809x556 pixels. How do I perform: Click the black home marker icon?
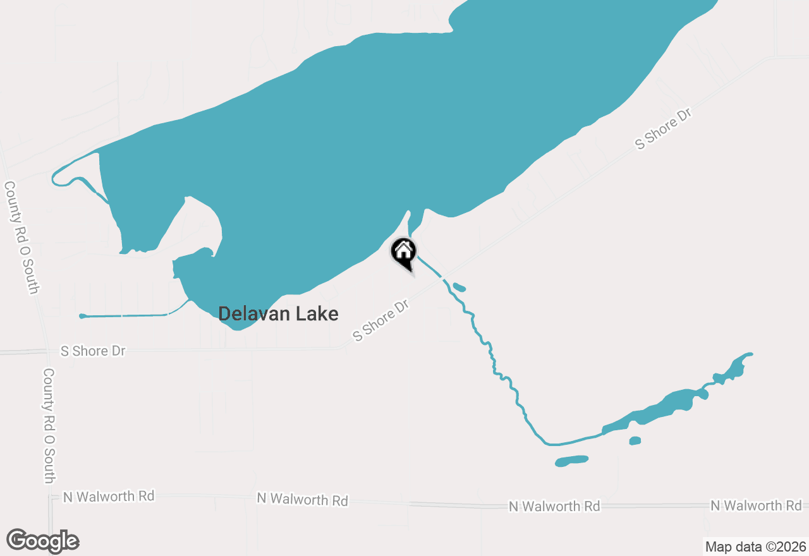(x=403, y=252)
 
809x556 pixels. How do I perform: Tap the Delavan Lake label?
(x=278, y=313)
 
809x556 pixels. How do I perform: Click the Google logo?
(x=43, y=541)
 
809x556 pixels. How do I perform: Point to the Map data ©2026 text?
(x=755, y=547)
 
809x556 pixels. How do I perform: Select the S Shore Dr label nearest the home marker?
(x=382, y=321)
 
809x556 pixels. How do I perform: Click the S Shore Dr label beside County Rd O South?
(x=93, y=351)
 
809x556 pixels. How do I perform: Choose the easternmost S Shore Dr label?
(x=664, y=129)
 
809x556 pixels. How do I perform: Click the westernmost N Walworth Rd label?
(x=109, y=497)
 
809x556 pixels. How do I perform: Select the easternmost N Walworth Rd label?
(x=756, y=505)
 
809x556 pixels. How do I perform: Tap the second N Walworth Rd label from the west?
(x=302, y=500)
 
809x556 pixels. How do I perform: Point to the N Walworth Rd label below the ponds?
(x=554, y=507)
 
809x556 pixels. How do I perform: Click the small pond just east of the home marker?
(x=459, y=288)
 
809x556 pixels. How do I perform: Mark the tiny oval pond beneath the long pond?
(x=635, y=441)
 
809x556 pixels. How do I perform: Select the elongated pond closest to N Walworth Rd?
(x=571, y=461)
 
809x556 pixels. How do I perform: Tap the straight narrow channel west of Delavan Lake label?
(x=126, y=315)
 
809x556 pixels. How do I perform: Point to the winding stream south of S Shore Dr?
(x=499, y=373)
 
